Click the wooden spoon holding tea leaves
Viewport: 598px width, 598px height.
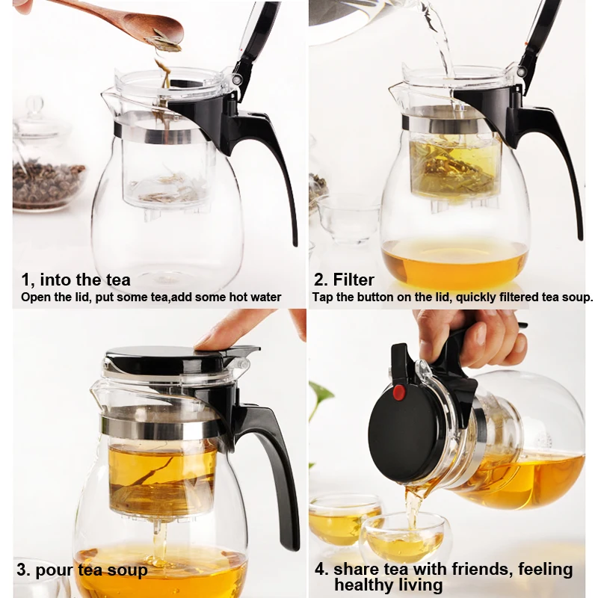click(126, 23)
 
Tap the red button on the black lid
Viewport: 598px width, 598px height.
click(399, 392)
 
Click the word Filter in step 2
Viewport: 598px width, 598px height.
click(354, 280)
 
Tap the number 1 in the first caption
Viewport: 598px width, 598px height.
click(25, 280)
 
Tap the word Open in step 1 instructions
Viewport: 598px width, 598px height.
click(33, 298)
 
